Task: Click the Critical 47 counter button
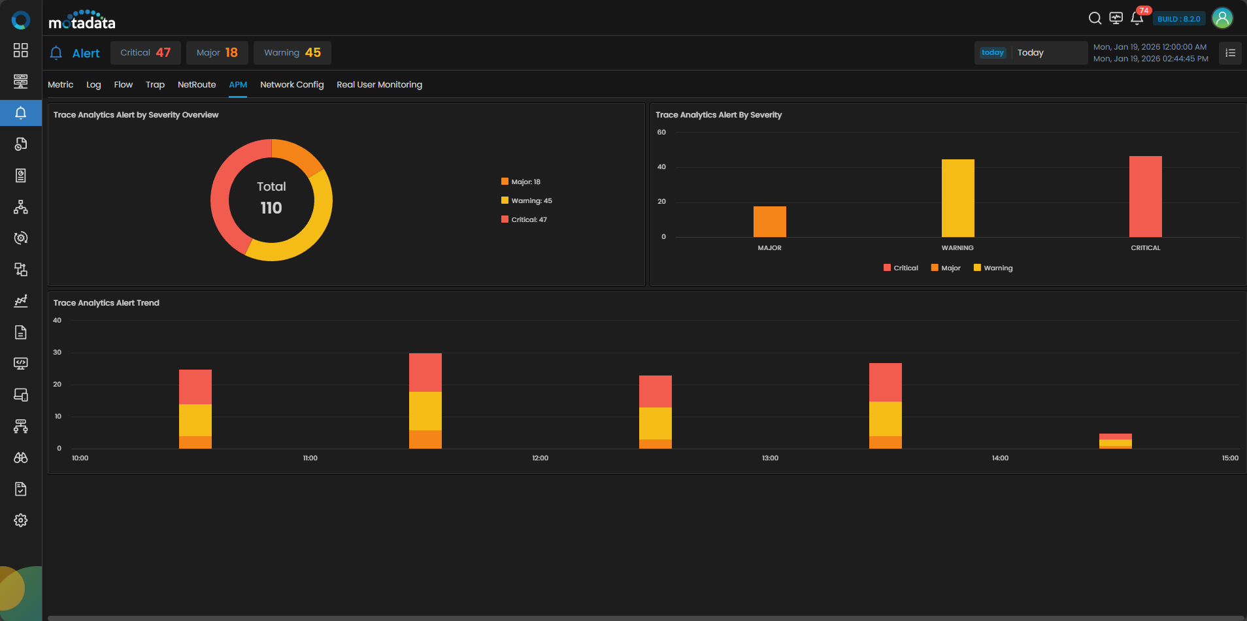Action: [x=145, y=53]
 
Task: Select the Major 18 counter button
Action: [x=217, y=53]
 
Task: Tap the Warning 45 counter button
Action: [x=292, y=53]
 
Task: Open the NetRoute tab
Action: [x=197, y=85]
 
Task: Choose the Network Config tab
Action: [x=291, y=85]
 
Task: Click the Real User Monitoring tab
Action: [x=379, y=85]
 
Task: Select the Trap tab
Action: [x=155, y=85]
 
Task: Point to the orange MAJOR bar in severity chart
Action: [x=770, y=222]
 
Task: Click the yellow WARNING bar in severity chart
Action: [x=957, y=198]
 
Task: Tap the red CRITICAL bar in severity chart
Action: [x=1146, y=197]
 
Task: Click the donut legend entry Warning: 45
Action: [x=527, y=200]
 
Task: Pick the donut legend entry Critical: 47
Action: [x=524, y=219]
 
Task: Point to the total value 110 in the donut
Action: [x=271, y=208]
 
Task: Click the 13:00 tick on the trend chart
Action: [x=770, y=458]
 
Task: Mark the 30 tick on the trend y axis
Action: [x=58, y=352]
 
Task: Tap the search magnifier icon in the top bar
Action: [x=1095, y=18]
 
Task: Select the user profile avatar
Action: [x=1222, y=18]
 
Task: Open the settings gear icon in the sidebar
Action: [x=21, y=520]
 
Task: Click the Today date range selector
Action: [x=1031, y=53]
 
